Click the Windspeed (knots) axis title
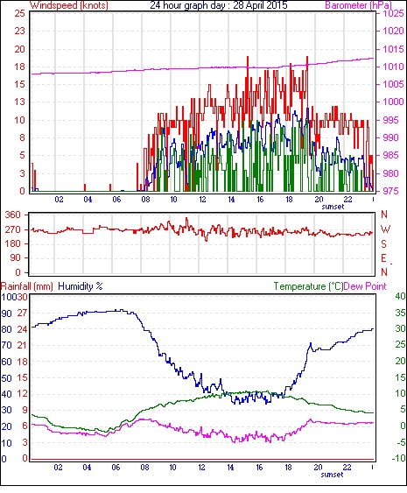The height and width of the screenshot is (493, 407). tap(69, 5)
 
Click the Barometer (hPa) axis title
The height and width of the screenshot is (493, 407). tap(359, 5)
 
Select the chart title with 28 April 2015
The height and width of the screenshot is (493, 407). tap(219, 5)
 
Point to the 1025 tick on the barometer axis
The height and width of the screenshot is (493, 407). tap(394, 13)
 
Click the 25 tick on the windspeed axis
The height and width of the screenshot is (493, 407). tap(20, 13)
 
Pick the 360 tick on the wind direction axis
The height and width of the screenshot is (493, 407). tap(13, 215)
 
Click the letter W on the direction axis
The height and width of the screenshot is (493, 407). tap(385, 229)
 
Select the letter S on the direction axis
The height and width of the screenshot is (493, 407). tap(383, 243)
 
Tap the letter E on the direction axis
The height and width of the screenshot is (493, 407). tap(383, 258)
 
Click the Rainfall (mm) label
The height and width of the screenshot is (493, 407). tap(26, 286)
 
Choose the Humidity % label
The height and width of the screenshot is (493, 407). tap(81, 286)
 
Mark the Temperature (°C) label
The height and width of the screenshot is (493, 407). tap(308, 286)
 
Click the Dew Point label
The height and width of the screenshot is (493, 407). tap(365, 286)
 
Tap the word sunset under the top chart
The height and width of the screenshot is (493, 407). tap(333, 207)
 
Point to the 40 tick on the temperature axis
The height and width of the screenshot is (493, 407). tap(400, 296)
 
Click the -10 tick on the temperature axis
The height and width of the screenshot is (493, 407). tap(399, 458)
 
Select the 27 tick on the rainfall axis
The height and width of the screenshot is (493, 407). tap(22, 313)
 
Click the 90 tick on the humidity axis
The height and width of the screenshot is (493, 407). tap(7, 313)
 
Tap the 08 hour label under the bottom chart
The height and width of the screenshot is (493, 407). tap(144, 468)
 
